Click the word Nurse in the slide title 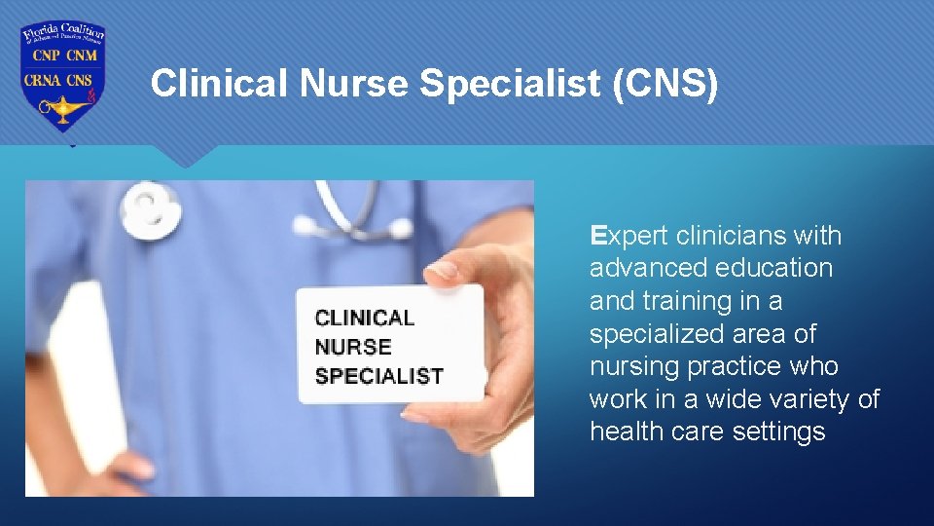(356, 85)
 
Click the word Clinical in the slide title (222, 85)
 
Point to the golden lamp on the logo (58, 108)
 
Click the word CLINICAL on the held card (364, 318)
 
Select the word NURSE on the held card (353, 347)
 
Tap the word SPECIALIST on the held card (378, 376)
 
